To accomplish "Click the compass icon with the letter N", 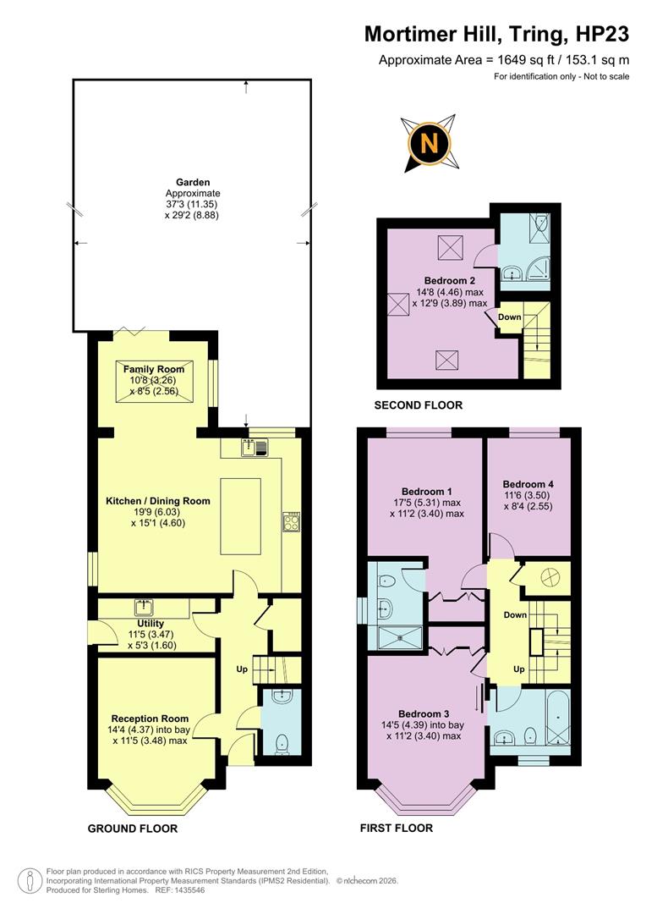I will pyautogui.click(x=429, y=143).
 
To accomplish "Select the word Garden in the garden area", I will pyautogui.click(x=193, y=182).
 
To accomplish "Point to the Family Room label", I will pyautogui.click(x=154, y=370).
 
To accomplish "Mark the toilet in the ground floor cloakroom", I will pyautogui.click(x=282, y=742).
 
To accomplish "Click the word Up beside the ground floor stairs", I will pyautogui.click(x=242, y=669).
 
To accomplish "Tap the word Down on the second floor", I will pyautogui.click(x=509, y=317).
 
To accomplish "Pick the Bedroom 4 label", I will pyautogui.click(x=529, y=474).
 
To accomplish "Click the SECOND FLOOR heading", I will pyautogui.click(x=419, y=405).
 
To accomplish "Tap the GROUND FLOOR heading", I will pyautogui.click(x=133, y=829).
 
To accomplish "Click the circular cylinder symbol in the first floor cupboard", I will pyautogui.click(x=545, y=575).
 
